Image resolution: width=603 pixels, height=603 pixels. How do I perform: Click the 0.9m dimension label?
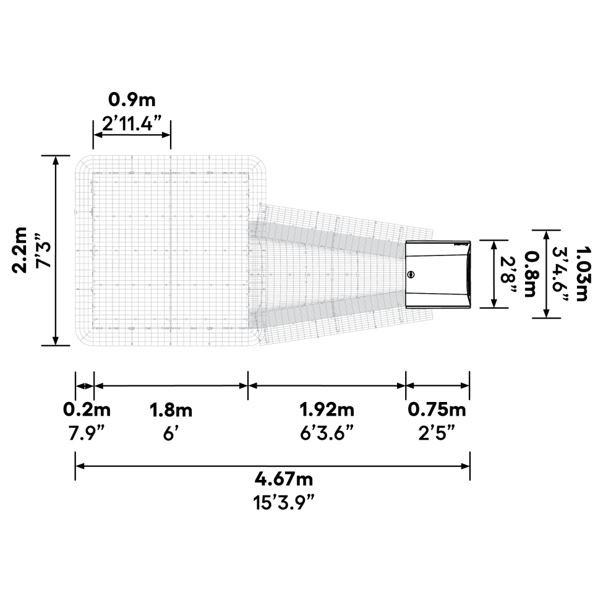pyautogui.click(x=132, y=100)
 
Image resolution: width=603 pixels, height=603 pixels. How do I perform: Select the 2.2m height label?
pyautogui.click(x=20, y=249)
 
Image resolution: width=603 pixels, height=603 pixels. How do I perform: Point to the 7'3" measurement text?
pyautogui.click(x=41, y=250)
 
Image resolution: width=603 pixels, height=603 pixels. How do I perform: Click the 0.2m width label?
pyautogui.click(x=87, y=409)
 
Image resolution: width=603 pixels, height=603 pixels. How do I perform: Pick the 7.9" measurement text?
pyautogui.click(x=87, y=433)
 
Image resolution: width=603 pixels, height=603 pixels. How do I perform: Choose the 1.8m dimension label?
pyautogui.click(x=171, y=409)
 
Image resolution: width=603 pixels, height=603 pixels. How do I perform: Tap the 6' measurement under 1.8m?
pyautogui.click(x=171, y=433)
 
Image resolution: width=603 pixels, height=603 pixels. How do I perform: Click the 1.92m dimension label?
pyautogui.click(x=327, y=409)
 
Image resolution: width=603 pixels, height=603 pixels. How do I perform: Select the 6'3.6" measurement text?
pyautogui.click(x=327, y=433)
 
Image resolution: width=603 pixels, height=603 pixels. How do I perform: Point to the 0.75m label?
pyautogui.click(x=437, y=409)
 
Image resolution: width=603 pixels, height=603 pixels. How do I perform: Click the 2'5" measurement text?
pyautogui.click(x=437, y=433)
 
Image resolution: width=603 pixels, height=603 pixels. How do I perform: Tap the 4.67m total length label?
pyautogui.click(x=284, y=479)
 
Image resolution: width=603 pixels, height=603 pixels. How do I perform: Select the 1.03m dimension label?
pyautogui.click(x=581, y=274)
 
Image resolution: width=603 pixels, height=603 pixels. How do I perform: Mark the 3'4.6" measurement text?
pyautogui.click(x=562, y=274)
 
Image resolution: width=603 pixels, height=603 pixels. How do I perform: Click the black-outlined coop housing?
pyautogui.click(x=439, y=291)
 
